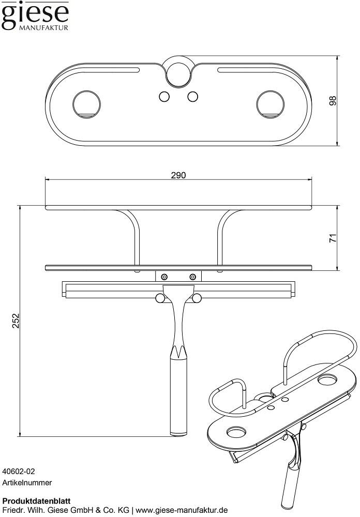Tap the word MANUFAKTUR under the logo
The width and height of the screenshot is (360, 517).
click(43, 28)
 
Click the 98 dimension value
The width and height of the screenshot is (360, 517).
click(333, 101)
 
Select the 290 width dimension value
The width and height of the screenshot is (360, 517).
click(178, 175)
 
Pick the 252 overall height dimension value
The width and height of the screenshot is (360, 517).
click(16, 321)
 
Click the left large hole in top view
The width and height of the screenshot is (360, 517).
click(86, 104)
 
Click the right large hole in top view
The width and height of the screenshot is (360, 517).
click(270, 104)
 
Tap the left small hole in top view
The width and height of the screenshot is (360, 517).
click(164, 97)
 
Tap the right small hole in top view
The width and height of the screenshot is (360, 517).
click(193, 97)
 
